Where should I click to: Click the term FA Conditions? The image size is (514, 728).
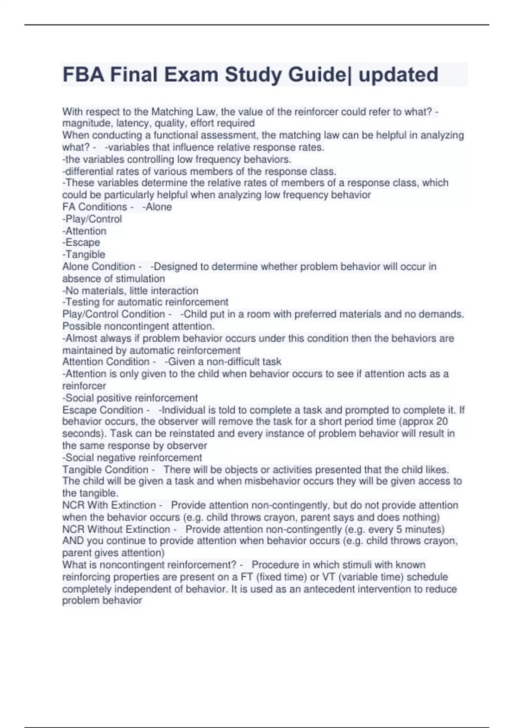pos(95,207)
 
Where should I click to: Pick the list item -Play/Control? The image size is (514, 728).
pos(92,219)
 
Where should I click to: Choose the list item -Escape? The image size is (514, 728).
pos(81,242)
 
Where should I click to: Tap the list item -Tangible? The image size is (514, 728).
pos(84,254)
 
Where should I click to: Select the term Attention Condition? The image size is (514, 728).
pos(106,362)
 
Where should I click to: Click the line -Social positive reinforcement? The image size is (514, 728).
pos(130,398)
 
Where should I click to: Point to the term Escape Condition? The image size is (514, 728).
pos(102,410)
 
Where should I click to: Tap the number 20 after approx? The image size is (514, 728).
pos(442,421)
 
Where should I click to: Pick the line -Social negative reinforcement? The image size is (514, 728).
pos(132,457)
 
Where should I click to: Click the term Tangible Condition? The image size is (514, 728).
pos(105,469)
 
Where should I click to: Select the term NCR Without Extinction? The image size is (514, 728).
pos(116,529)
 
